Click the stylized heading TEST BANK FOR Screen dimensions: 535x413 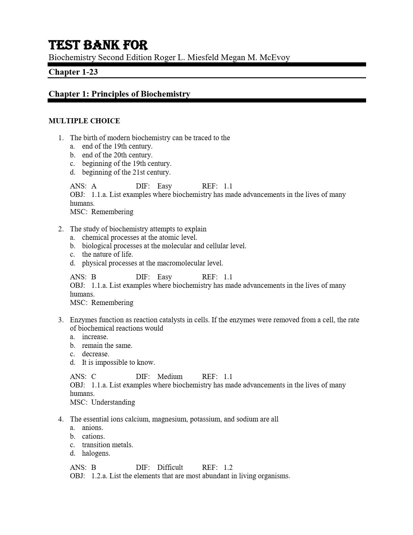point(98,45)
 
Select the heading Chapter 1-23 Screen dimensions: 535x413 point(73,72)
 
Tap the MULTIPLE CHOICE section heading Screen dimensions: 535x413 point(84,121)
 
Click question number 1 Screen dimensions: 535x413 point(61,138)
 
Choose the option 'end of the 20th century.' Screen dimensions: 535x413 point(117,155)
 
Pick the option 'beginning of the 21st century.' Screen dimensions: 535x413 point(126,172)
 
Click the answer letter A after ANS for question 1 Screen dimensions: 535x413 point(94,186)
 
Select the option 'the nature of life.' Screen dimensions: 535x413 point(107,254)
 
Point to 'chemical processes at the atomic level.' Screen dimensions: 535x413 point(139,237)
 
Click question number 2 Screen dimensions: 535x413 point(61,229)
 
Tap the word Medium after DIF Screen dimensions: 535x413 point(170,377)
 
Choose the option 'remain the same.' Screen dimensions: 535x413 point(107,346)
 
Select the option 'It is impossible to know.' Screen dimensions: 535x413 point(118,362)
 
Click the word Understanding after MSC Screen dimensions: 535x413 point(113,402)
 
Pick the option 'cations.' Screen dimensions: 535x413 point(93,436)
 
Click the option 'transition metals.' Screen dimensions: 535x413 point(107,445)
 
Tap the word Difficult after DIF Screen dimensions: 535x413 point(170,467)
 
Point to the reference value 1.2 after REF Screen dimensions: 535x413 point(228,467)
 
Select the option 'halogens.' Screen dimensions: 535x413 point(96,453)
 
